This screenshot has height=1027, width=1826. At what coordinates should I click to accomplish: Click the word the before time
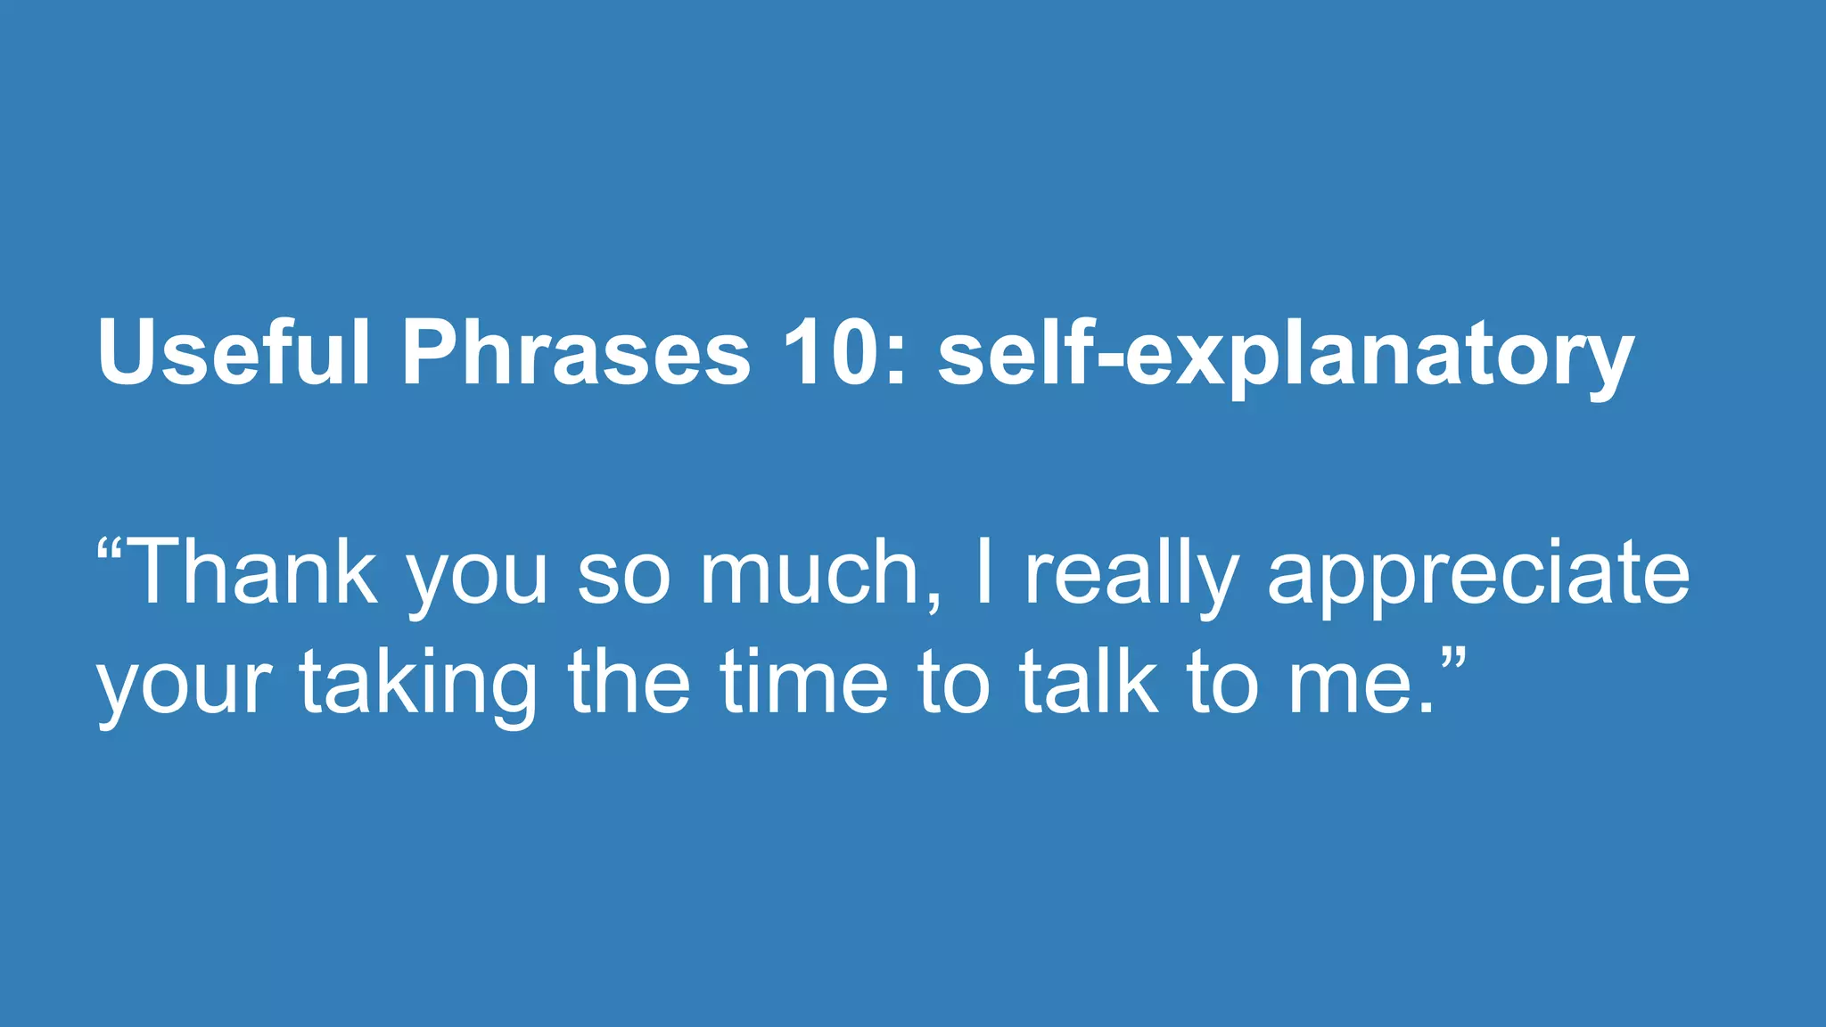point(629,682)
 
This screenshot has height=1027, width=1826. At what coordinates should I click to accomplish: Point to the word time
point(805,682)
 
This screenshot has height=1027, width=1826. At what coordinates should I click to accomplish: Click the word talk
point(1089,682)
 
